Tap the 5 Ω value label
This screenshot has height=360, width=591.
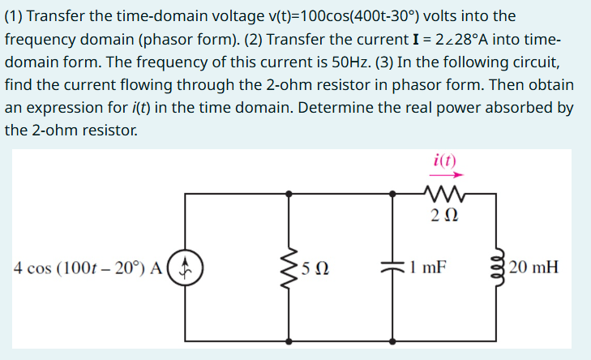tap(314, 266)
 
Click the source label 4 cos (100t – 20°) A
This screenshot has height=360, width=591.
tap(89, 266)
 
